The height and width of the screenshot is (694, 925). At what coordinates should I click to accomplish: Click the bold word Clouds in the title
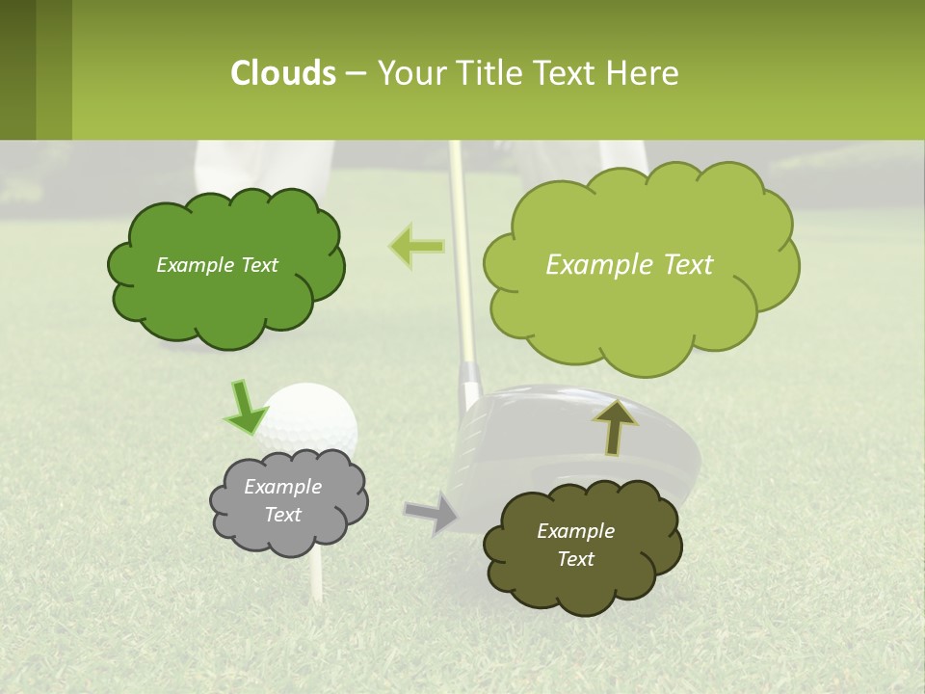pos(282,73)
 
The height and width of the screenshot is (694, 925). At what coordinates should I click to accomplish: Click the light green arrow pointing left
pos(417,246)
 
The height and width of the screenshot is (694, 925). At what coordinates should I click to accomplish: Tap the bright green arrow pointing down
pos(246,408)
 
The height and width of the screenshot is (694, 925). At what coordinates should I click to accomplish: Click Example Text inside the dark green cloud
pos(217,265)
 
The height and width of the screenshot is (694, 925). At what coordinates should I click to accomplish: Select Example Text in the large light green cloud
pos(629,265)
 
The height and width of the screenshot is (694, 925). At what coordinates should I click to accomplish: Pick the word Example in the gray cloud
pos(282,487)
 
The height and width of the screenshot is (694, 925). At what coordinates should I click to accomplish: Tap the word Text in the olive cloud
pos(575,559)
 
